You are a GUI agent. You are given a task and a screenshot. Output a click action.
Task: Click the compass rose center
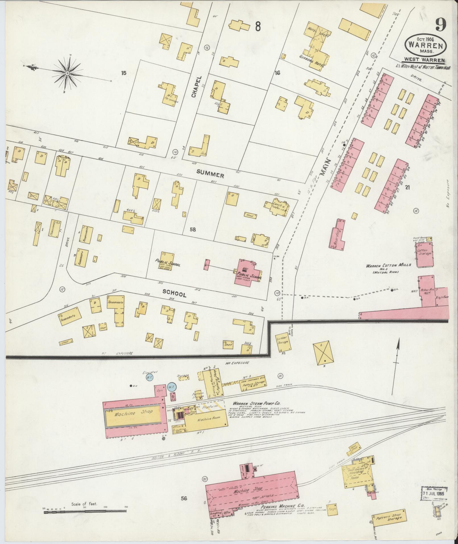click(68, 73)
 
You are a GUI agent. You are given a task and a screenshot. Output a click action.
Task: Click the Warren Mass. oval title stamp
click(426, 46)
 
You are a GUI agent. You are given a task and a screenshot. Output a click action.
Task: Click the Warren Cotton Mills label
click(388, 265)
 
